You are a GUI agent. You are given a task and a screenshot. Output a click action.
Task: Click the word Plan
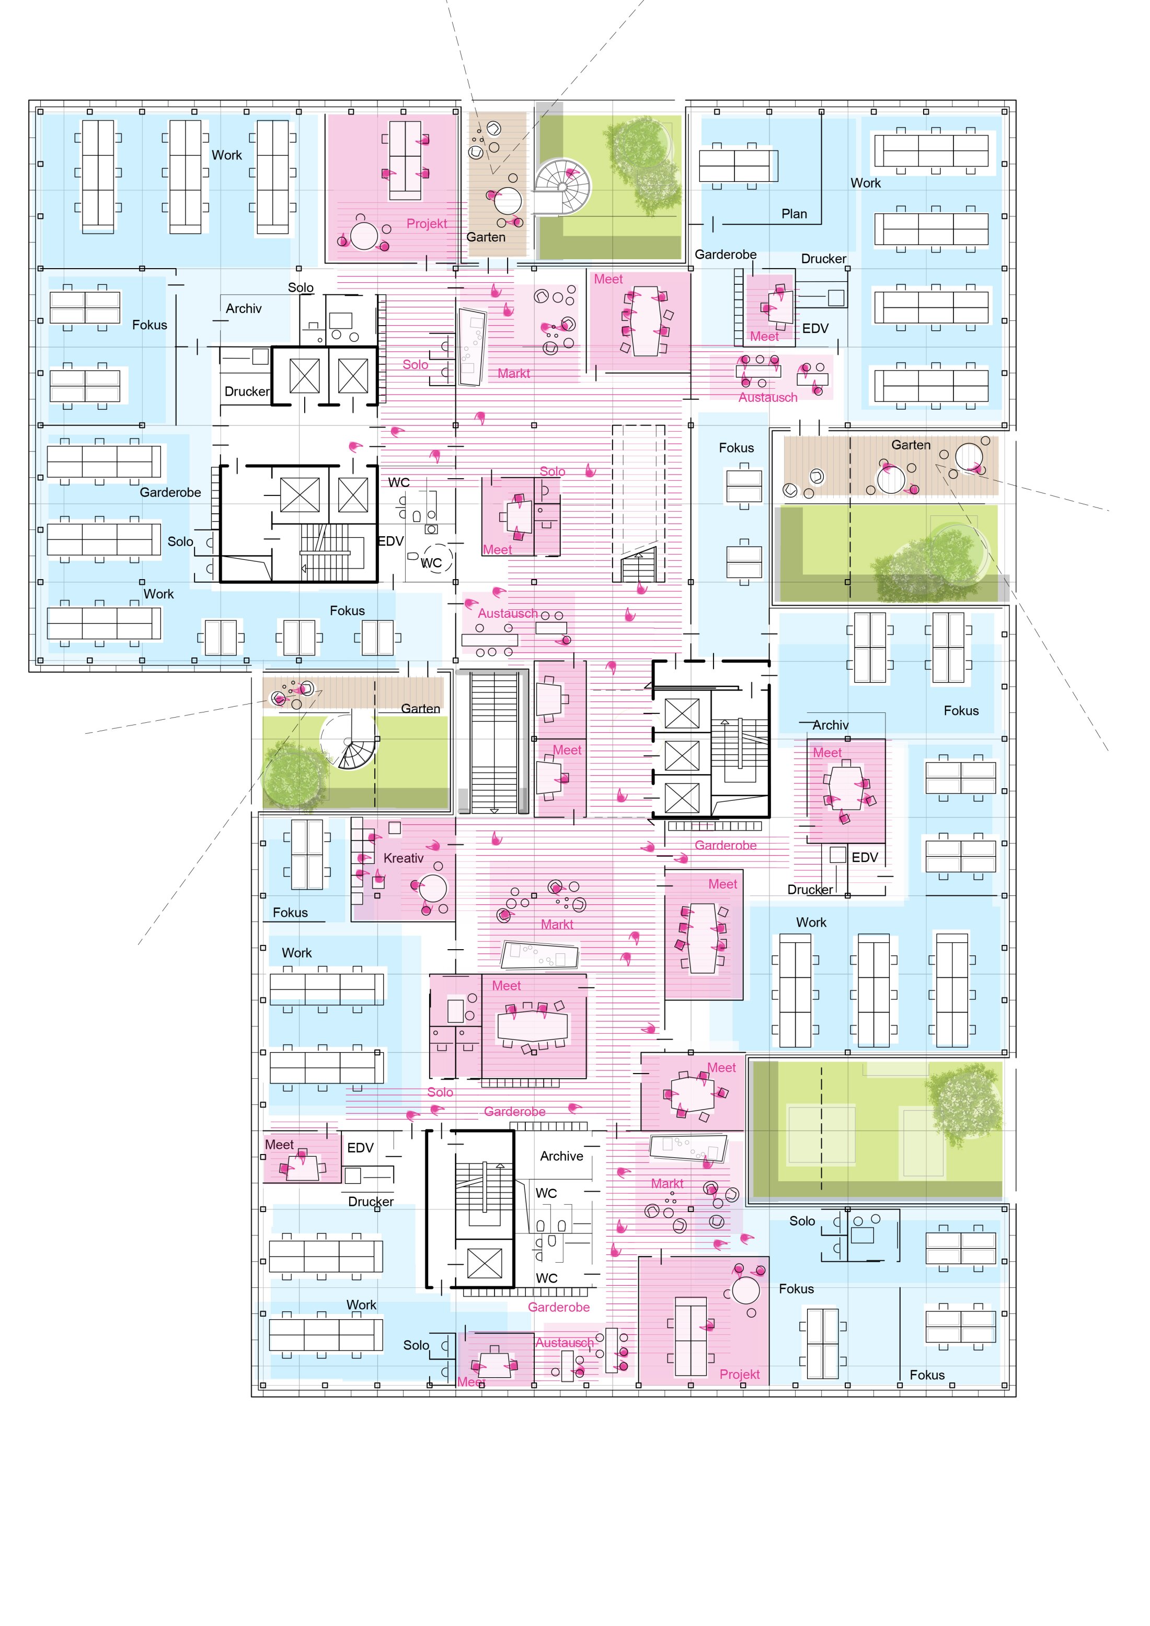coord(794,214)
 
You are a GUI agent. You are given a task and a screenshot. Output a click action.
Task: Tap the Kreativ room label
coord(403,858)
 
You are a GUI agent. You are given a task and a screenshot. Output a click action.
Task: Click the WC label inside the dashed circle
coord(431,563)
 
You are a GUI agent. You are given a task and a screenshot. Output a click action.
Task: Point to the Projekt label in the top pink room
coord(427,224)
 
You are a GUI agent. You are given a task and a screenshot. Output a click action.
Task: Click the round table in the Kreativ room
coord(433,888)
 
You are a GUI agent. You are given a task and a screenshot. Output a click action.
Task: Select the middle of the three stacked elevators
coord(682,755)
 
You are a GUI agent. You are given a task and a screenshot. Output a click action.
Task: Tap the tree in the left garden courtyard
coord(295,776)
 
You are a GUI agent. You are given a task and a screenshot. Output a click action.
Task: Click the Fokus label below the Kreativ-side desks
coord(290,913)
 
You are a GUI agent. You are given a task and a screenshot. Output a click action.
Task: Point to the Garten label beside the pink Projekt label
coord(486,237)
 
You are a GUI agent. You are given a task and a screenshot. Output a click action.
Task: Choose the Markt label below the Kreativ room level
coord(557,925)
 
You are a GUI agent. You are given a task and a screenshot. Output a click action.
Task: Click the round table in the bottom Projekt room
coord(745,1289)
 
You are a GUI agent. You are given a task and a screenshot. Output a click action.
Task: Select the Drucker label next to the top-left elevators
coord(246,391)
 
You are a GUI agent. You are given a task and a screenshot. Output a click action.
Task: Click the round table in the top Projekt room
coord(363,236)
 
